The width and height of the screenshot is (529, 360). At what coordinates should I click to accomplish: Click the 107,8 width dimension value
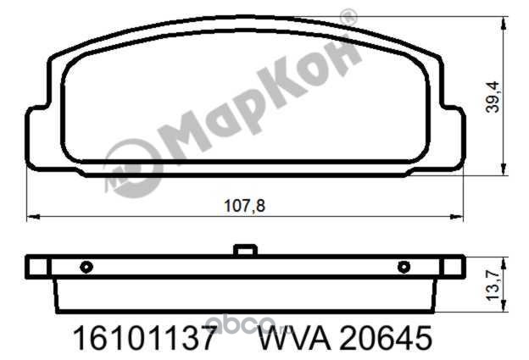pyautogui.click(x=245, y=206)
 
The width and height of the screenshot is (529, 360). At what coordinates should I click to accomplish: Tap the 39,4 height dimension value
pyautogui.click(x=493, y=97)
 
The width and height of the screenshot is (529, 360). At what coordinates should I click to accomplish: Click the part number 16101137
pyautogui.click(x=144, y=338)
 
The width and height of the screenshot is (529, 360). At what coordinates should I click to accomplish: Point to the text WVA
pyautogui.click(x=294, y=338)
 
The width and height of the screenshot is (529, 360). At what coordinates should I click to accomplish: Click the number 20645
pyautogui.click(x=386, y=338)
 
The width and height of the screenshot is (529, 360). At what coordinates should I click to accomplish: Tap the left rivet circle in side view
pyautogui.click(x=86, y=268)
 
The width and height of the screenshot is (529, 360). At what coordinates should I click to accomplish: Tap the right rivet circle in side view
pyautogui.click(x=404, y=268)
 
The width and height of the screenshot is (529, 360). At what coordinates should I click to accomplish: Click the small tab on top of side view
pyautogui.click(x=245, y=250)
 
